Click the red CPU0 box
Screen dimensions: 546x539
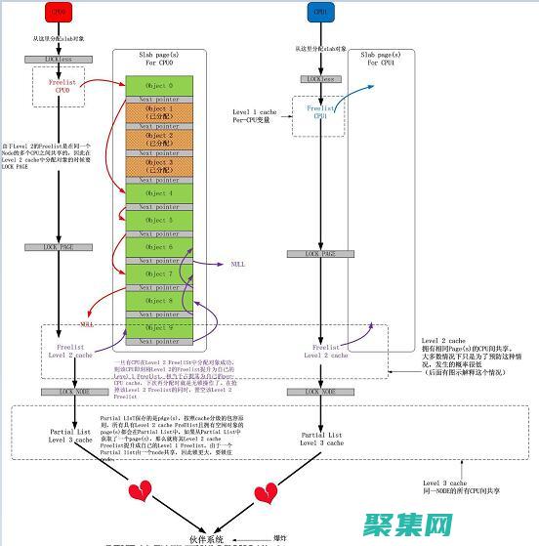tap(59, 13)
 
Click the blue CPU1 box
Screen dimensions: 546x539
tap(320, 13)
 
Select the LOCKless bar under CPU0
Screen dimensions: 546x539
tap(59, 60)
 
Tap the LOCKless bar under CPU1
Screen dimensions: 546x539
tap(320, 79)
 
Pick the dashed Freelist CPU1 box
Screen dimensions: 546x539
tap(320, 112)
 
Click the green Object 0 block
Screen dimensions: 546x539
tap(157, 86)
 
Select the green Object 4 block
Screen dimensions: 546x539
tap(157, 193)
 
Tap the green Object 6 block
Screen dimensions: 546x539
tap(157, 247)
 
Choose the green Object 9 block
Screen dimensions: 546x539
tap(157, 328)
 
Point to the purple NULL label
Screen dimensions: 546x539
tap(238, 264)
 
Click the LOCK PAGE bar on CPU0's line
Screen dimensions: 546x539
tap(59, 248)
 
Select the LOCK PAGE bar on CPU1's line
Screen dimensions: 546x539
tap(320, 254)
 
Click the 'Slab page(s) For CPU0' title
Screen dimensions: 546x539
tap(157, 62)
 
